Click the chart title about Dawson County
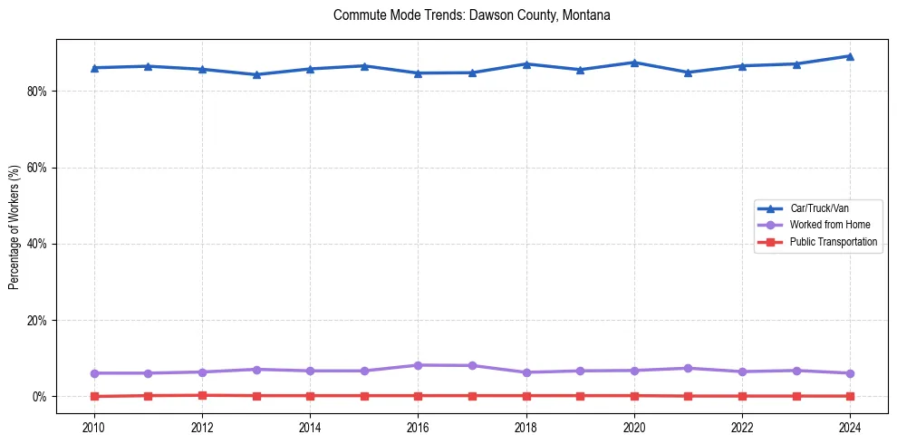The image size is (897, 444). pos(472,15)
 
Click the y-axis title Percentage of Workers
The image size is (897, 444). pos(14,227)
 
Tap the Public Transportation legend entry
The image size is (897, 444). pos(833,242)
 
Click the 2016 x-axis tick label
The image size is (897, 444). pos(418,427)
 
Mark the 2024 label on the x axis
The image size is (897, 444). pos(850,427)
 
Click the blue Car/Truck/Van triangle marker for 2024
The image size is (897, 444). pos(850,56)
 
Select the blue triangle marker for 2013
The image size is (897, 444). pos(256,74)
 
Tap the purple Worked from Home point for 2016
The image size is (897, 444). pos(418,365)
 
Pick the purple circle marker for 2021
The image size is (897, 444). pos(688,368)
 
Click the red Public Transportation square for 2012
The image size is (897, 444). pos(202,395)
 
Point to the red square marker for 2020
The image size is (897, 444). pos(634,395)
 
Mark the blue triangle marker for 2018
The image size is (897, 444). pos(526,64)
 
